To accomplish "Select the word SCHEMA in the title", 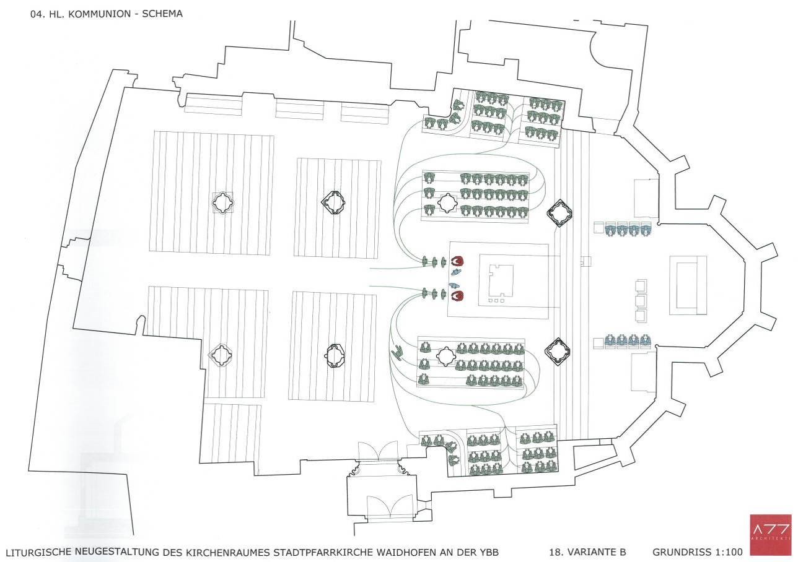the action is pos(162,14).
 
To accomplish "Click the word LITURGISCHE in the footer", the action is pos(39,553).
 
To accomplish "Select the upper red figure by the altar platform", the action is pos(457,262).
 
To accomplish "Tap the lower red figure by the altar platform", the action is pos(457,295).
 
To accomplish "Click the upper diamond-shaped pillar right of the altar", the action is pos(559,214).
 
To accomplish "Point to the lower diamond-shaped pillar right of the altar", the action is pos(558,352).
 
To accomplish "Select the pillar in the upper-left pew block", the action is pos(222,203).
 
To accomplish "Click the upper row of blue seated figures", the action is pos(628,229).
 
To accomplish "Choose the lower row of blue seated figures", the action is pos(628,341).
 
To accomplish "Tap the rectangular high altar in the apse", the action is pos(688,285).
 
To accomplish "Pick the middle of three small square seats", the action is pos(641,301).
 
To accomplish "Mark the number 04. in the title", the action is pos(36,14).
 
